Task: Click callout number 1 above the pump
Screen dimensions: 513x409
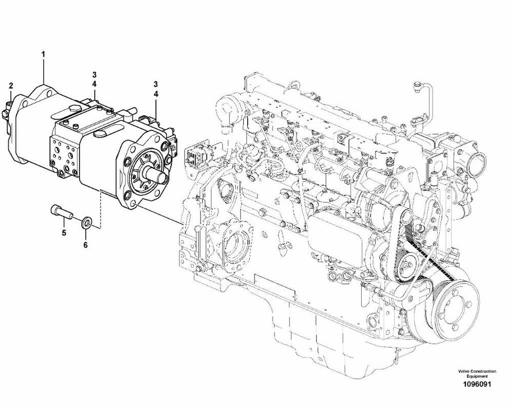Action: (x=43, y=54)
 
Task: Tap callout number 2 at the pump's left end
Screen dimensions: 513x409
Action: (x=11, y=86)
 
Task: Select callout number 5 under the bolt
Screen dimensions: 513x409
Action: (x=64, y=232)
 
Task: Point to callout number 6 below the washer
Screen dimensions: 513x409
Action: (x=85, y=244)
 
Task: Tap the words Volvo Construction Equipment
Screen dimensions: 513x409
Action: (x=477, y=374)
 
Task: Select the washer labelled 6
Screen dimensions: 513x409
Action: (x=87, y=222)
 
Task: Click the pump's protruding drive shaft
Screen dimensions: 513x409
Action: (x=158, y=174)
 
